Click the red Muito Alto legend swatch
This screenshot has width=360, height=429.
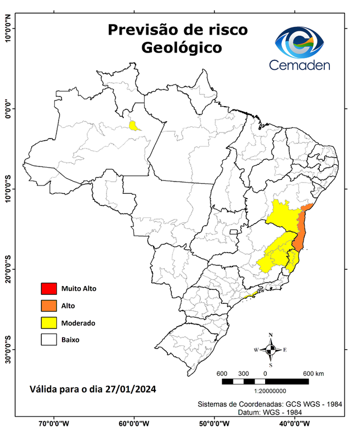point(48,289)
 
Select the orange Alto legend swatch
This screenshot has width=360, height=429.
point(48,306)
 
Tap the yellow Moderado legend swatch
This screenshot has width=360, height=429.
point(48,322)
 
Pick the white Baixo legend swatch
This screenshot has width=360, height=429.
point(48,339)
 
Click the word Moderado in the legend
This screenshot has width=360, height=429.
point(79,323)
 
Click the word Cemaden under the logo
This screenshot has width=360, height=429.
point(300,65)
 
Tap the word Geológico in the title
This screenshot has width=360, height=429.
point(181,47)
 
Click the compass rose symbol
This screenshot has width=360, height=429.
point(271,350)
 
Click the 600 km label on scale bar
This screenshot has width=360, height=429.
point(313,373)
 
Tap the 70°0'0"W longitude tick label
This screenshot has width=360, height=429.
point(54,423)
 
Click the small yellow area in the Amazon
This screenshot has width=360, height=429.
point(134,125)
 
